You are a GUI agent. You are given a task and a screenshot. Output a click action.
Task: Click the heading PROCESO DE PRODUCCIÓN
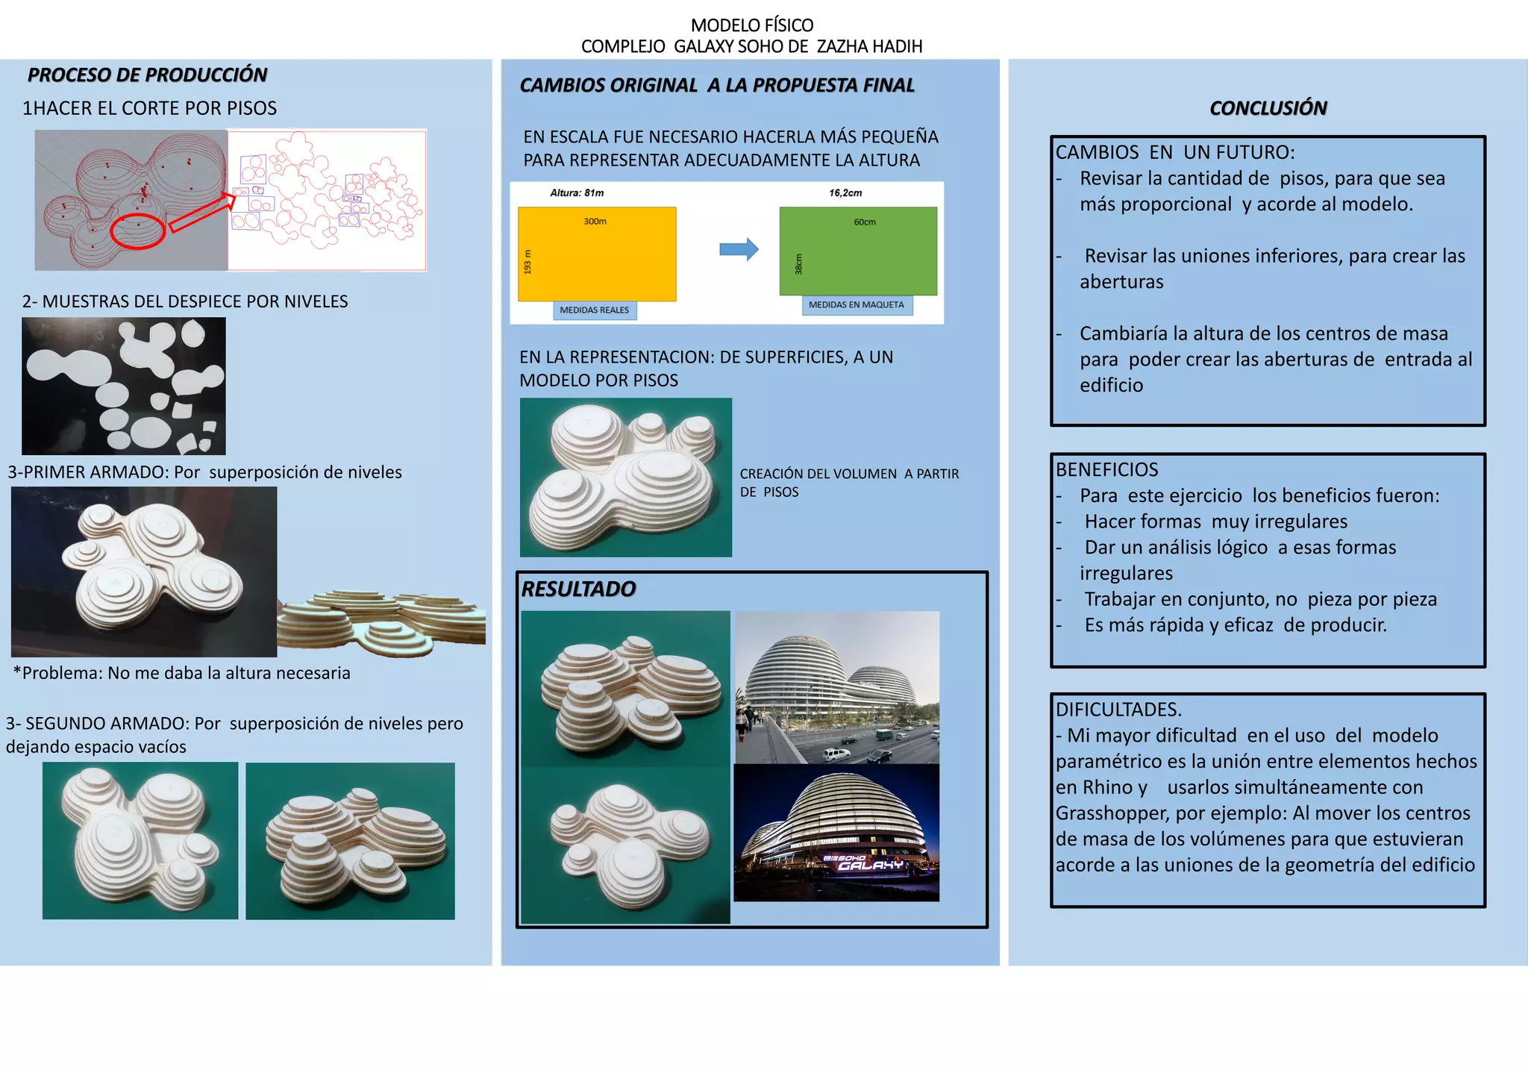pyautogui.click(x=147, y=75)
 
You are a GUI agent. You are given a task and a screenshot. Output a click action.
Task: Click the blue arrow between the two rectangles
pyautogui.click(x=739, y=249)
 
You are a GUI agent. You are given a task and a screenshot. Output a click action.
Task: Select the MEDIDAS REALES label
pyautogui.click(x=595, y=310)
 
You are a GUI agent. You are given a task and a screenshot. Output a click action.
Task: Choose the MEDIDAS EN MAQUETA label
pyautogui.click(x=857, y=304)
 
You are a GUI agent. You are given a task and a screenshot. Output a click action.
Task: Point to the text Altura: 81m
pyautogui.click(x=577, y=193)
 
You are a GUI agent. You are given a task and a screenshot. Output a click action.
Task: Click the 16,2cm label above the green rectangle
pyautogui.click(x=845, y=193)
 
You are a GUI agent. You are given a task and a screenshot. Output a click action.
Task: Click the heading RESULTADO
pyautogui.click(x=578, y=589)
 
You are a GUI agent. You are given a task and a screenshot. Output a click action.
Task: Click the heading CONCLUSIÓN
pyautogui.click(x=1268, y=108)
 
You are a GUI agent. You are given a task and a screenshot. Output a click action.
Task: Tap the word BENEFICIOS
pyautogui.click(x=1106, y=469)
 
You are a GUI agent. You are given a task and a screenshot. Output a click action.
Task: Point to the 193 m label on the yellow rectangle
pyautogui.click(x=527, y=261)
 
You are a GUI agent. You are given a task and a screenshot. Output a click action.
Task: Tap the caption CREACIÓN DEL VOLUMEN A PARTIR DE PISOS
pyautogui.click(x=849, y=483)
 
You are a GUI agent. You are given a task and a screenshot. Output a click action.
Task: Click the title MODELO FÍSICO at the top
pyautogui.click(x=752, y=25)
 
